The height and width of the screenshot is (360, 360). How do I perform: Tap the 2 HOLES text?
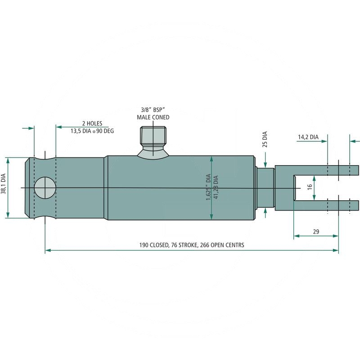pyautogui.click(x=92, y=123)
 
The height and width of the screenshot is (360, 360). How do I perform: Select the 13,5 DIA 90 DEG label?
pyautogui.click(x=92, y=131)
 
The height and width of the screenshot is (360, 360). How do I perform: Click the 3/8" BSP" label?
pyautogui.click(x=153, y=110)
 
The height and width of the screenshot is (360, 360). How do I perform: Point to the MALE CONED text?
pyautogui.click(x=153, y=117)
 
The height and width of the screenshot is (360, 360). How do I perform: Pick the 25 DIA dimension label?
pyautogui.click(x=265, y=139)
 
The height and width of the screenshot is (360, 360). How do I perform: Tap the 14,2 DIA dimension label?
pyautogui.click(x=308, y=137)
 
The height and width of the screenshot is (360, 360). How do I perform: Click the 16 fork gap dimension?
pyautogui.click(x=310, y=187)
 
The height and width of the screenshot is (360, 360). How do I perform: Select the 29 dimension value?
pyautogui.click(x=316, y=232)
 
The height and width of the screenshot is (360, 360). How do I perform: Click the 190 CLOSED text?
pyautogui.click(x=154, y=245)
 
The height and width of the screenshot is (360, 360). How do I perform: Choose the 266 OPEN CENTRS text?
pyautogui.click(x=222, y=245)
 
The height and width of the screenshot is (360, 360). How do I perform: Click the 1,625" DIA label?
pyautogui.click(x=208, y=187)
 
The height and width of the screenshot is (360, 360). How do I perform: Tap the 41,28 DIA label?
pyautogui.click(x=216, y=187)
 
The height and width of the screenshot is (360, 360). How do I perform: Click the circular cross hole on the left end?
pyautogui.click(x=45, y=188)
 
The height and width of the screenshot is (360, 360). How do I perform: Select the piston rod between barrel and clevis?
pyautogui.click(x=265, y=187)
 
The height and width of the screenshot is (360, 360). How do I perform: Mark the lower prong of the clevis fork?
pyautogui.click(x=326, y=206)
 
